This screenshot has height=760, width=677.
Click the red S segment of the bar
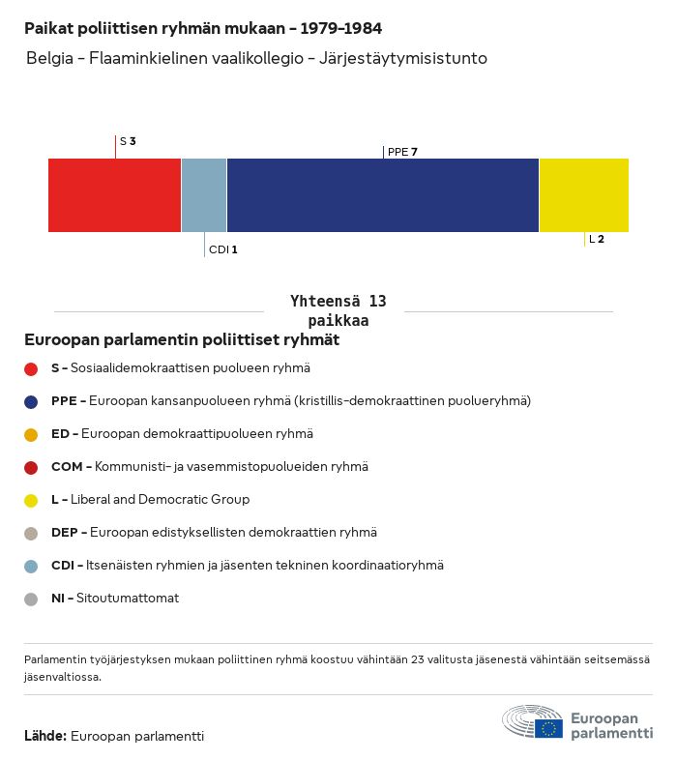(114, 195)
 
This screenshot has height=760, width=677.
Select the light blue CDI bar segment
(204, 195)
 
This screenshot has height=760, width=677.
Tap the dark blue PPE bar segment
(383, 195)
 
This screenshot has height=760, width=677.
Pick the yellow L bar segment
(584, 195)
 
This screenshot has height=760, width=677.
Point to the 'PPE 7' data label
(402, 152)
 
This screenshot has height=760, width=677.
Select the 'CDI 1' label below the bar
(222, 249)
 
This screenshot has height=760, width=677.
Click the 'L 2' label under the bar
(597, 239)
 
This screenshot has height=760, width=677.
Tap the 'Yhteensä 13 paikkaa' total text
(338, 311)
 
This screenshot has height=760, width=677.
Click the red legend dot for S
(31, 368)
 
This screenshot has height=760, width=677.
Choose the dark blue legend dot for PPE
(31, 401)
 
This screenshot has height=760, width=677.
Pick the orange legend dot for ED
(31, 434)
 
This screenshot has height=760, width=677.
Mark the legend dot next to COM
(31, 467)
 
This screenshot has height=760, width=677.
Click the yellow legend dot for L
(31, 500)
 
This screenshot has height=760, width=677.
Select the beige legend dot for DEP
(31, 533)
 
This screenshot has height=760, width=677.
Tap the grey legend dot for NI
(31, 599)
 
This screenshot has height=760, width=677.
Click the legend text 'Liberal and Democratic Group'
(160, 500)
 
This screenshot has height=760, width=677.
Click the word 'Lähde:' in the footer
(45, 737)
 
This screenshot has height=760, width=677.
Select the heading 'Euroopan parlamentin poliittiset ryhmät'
(182, 340)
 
